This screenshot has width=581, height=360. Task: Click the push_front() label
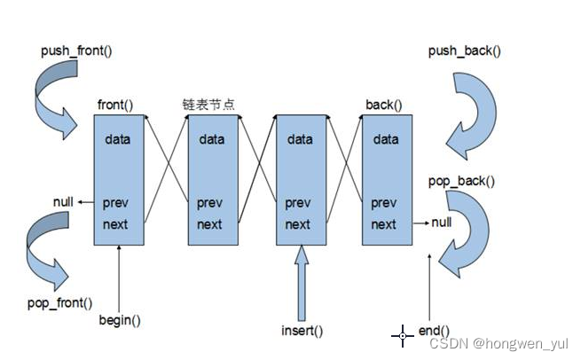(x=76, y=51)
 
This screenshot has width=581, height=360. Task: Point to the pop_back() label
(x=461, y=181)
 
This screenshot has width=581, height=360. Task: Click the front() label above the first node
(x=115, y=106)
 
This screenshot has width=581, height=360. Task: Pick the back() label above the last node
(x=383, y=106)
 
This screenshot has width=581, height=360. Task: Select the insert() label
(x=302, y=331)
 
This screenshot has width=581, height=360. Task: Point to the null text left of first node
(x=63, y=201)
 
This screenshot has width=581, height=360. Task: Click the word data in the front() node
(x=118, y=139)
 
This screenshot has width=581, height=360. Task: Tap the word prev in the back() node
(x=385, y=203)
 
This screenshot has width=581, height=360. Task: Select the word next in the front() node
(x=115, y=224)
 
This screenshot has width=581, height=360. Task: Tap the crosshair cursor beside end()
(x=403, y=335)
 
